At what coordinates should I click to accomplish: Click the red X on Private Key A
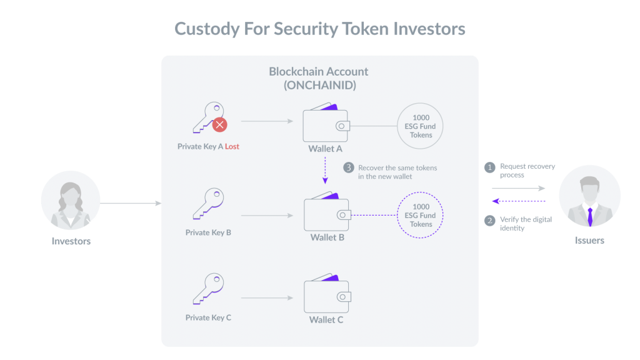(219, 124)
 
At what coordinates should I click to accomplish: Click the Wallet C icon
(326, 297)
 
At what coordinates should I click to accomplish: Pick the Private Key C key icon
(208, 289)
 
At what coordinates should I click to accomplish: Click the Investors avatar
(71, 201)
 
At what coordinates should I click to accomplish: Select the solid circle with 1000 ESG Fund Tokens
(421, 126)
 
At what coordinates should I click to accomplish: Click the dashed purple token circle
(421, 216)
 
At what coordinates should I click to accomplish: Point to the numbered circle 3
(349, 168)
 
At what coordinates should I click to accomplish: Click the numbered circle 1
(491, 167)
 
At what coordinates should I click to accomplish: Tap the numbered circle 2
(491, 220)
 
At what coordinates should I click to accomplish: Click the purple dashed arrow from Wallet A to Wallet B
(325, 170)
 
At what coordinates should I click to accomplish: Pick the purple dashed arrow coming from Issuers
(519, 201)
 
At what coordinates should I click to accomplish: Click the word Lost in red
(232, 147)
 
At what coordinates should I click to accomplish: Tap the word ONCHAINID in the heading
(319, 87)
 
